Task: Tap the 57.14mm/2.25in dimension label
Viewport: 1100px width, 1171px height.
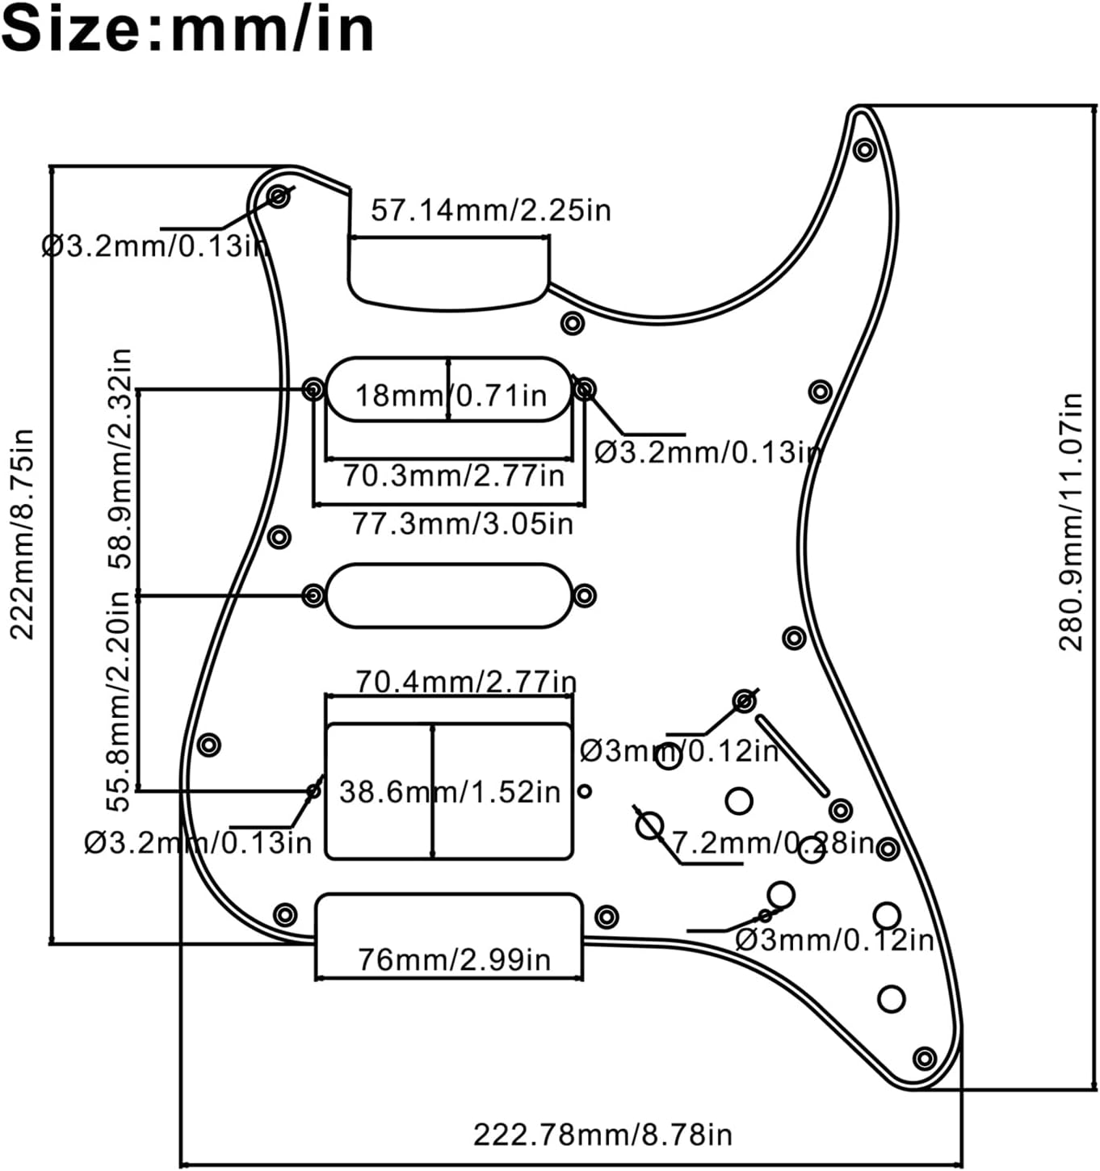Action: point(490,211)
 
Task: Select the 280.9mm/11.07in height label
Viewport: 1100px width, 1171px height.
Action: point(1072,522)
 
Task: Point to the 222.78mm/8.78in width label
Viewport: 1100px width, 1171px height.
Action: point(602,1135)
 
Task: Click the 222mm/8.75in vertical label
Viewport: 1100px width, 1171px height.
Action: point(23,535)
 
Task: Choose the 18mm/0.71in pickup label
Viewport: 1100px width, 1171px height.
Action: point(451,396)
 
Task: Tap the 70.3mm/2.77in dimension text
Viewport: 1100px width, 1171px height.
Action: point(453,476)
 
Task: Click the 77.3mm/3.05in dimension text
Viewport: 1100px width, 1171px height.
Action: point(462,524)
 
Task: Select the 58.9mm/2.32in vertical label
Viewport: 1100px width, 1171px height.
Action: point(120,459)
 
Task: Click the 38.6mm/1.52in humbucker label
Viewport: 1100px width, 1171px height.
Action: point(450,792)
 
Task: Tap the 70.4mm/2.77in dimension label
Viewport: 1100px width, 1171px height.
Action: point(466,682)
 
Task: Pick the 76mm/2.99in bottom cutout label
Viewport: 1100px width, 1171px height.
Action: point(454,960)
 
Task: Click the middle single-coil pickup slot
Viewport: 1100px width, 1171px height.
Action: point(449,596)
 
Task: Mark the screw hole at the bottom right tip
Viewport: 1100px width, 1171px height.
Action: point(925,1058)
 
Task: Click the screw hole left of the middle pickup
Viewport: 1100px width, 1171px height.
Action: point(313,596)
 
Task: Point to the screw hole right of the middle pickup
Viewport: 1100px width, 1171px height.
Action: point(585,596)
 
